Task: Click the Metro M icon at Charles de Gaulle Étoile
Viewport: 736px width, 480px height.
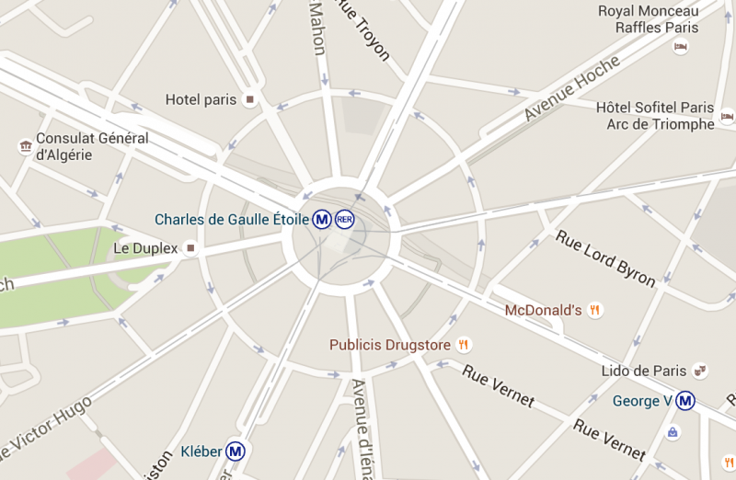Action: click(x=321, y=220)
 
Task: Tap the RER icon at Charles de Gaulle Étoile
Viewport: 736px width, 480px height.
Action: click(x=344, y=220)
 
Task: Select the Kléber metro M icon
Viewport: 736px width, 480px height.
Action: click(x=236, y=451)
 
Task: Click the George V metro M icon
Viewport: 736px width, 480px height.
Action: click(x=684, y=401)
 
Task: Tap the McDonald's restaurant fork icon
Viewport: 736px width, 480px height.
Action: click(x=594, y=310)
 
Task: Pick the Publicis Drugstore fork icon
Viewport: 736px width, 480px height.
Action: click(x=464, y=345)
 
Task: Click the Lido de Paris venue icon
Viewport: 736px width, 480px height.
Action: click(x=700, y=371)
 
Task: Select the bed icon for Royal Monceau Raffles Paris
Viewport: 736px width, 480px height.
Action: click(x=681, y=47)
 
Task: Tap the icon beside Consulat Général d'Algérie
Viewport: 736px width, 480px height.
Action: click(x=25, y=146)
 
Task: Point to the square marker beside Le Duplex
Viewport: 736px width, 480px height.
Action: click(x=190, y=248)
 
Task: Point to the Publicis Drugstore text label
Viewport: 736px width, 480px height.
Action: click(x=390, y=345)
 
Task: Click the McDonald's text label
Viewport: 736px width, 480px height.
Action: click(x=543, y=310)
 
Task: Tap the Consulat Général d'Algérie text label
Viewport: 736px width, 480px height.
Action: click(x=90, y=146)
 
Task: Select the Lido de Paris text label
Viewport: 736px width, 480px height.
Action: click(x=643, y=371)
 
